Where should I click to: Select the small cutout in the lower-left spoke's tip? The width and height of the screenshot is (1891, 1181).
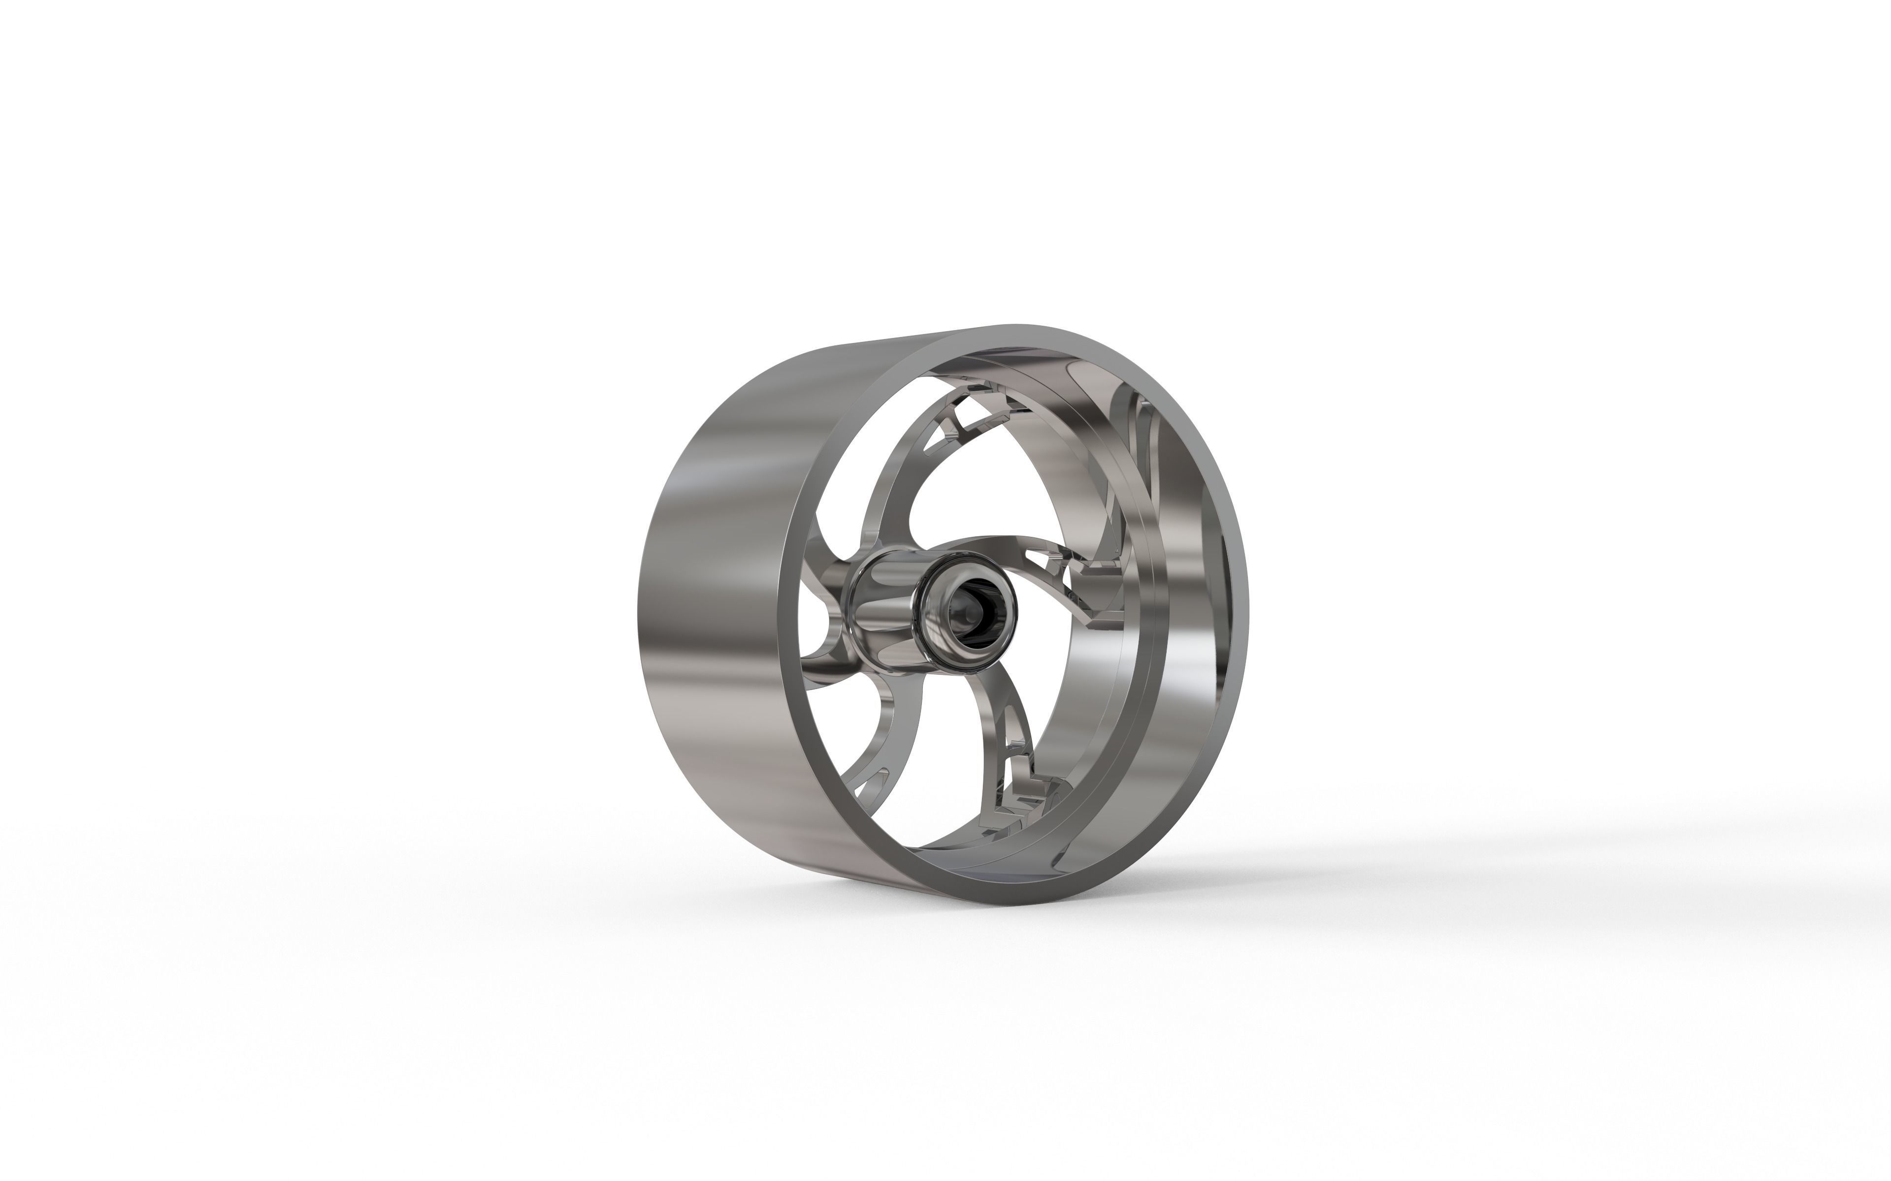(871, 781)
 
